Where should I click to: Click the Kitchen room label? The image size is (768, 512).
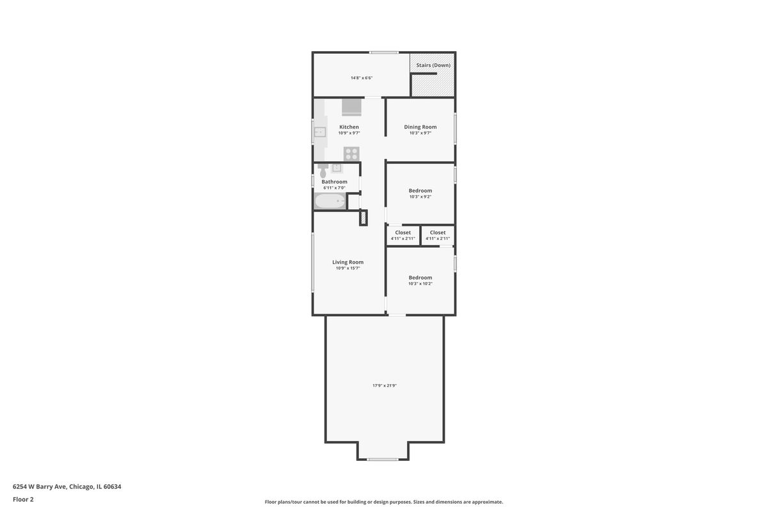point(349,127)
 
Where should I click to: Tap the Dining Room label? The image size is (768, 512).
point(420,127)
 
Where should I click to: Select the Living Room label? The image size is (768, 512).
point(348,262)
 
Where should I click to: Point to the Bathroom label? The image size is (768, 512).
point(334,182)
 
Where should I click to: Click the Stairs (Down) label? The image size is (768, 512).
point(433,65)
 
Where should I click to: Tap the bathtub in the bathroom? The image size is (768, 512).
point(330,201)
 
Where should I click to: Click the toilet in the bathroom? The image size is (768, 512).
point(323,171)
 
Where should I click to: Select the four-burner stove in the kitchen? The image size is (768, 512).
point(351,154)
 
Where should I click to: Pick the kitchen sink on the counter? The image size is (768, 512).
point(320,132)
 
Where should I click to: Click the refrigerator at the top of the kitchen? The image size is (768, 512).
point(351,108)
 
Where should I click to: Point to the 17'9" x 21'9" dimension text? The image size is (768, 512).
point(385,385)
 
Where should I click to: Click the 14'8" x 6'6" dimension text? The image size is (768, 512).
point(362,78)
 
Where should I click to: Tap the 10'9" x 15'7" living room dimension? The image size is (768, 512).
point(348,268)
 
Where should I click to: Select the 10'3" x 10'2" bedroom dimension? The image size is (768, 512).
point(420,284)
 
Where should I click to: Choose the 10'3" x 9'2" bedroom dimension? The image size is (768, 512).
point(420,197)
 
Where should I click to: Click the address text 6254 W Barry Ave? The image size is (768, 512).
point(40,486)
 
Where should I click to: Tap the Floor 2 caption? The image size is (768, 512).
point(23,499)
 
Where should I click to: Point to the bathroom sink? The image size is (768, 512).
point(337,168)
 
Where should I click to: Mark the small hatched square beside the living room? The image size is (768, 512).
point(363,218)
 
